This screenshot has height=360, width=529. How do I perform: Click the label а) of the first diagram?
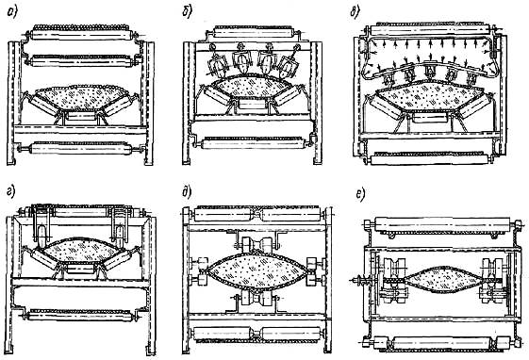[12, 13]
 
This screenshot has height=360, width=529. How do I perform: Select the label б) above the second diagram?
[187, 12]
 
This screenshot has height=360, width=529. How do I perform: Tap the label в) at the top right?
[355, 12]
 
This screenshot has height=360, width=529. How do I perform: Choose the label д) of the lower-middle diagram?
[187, 192]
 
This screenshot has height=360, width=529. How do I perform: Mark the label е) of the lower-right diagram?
[360, 196]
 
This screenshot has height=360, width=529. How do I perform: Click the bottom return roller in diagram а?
[80, 149]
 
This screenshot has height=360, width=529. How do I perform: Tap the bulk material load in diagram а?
[81, 98]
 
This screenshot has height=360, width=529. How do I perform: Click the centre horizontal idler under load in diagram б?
[252, 105]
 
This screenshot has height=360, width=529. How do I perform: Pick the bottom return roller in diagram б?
[253, 144]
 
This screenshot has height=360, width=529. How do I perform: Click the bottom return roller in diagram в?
[430, 159]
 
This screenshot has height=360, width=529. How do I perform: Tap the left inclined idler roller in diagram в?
[386, 105]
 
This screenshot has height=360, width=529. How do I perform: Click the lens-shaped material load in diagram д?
[257, 270]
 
